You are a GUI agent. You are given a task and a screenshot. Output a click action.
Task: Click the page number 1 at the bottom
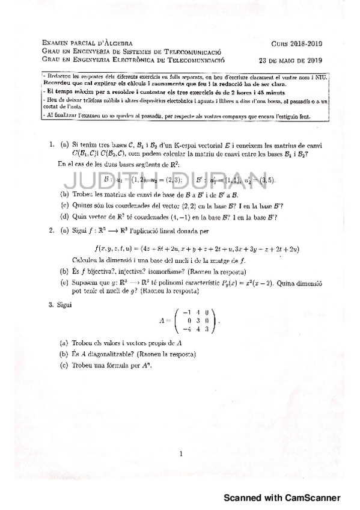click(180, 453)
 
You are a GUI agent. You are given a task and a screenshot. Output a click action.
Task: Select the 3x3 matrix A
click(189, 320)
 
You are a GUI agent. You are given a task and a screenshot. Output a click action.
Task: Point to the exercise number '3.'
click(52, 306)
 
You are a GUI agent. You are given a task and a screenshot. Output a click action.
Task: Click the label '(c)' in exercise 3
click(63, 364)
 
